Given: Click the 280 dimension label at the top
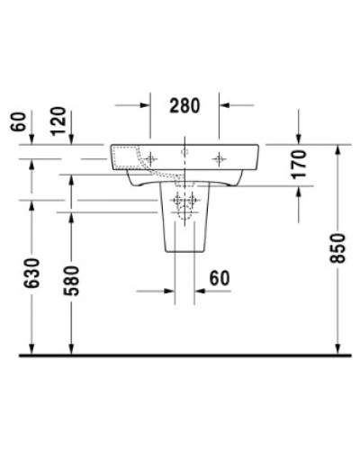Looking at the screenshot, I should (185, 104).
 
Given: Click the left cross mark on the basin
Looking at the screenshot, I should (150, 158).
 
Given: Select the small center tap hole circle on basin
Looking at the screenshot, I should (184, 154).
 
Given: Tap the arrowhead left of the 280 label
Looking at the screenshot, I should (145, 105).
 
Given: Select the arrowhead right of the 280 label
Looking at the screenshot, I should (225, 105).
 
